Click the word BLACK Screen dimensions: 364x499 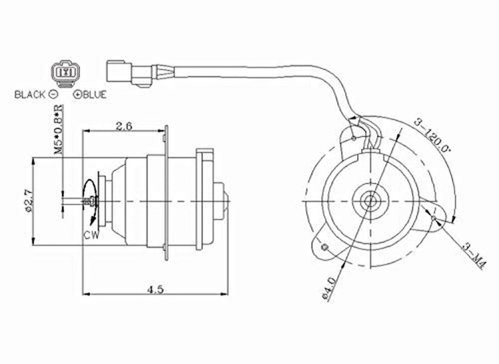(x=30, y=95)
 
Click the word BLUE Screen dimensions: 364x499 (x=94, y=95)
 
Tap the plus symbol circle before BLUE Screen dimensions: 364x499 (x=77, y=95)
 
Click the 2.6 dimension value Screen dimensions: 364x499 (x=124, y=126)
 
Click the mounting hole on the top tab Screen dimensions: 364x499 (x=352, y=139)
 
